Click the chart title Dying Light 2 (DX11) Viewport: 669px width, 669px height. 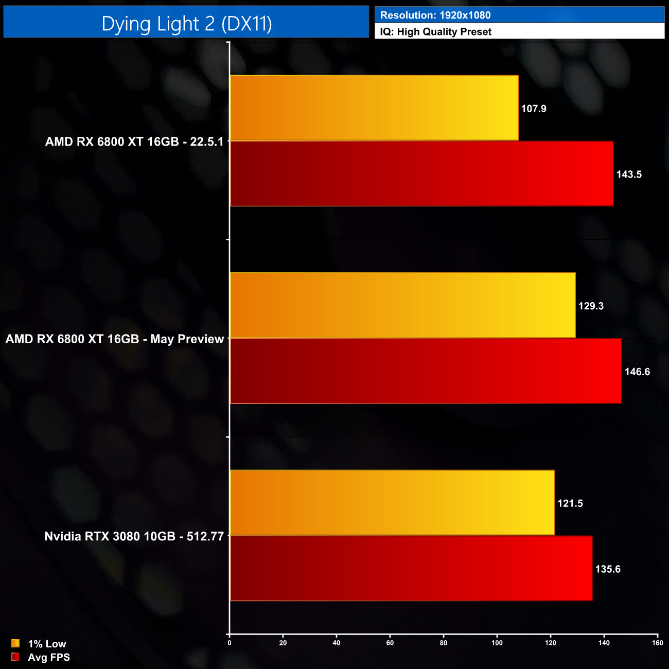pyautogui.click(x=186, y=24)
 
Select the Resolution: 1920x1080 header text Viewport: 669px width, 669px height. pyautogui.click(x=435, y=15)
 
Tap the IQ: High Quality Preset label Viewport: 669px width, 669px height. pyautogui.click(x=436, y=32)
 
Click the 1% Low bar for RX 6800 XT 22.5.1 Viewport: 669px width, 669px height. pyautogui.click(x=374, y=108)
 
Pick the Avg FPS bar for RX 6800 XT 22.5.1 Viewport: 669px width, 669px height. pyautogui.click(x=422, y=174)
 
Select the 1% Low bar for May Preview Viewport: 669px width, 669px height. pyautogui.click(x=403, y=306)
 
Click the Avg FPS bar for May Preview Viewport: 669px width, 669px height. pyautogui.click(x=426, y=371)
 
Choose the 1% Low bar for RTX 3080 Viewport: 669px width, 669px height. pyautogui.click(x=393, y=503)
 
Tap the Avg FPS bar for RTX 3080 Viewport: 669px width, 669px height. pyautogui.click(x=411, y=569)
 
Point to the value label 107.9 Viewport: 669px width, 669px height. pyautogui.click(x=534, y=109)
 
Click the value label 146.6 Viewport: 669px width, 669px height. pyautogui.click(x=637, y=372)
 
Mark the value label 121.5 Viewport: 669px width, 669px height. pyautogui.click(x=570, y=503)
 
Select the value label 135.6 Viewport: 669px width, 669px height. pyautogui.click(x=608, y=569)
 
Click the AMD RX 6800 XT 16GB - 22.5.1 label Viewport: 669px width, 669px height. pyautogui.click(x=134, y=142)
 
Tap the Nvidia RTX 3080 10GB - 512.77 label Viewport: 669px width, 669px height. pyautogui.click(x=134, y=536)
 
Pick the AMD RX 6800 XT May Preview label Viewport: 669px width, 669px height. pyautogui.click(x=115, y=339)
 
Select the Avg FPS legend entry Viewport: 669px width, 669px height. pyautogui.click(x=41, y=657)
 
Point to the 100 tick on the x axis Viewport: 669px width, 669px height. pyautogui.click(x=497, y=643)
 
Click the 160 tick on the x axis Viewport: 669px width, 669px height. pyautogui.click(x=657, y=643)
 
